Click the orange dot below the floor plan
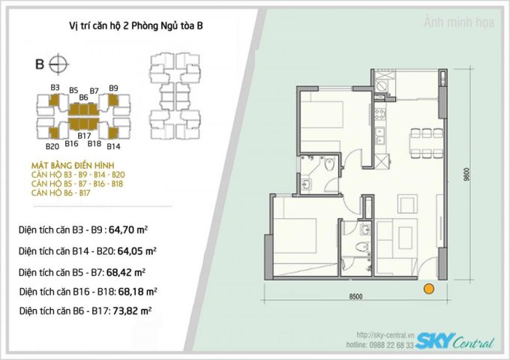pyautogui.click(x=429, y=287)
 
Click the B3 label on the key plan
pyautogui.click(x=55, y=88)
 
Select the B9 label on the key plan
pyautogui.click(x=113, y=88)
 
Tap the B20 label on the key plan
pyautogui.click(x=52, y=146)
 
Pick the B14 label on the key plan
pyautogui.click(x=114, y=146)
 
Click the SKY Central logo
pyautogui.click(x=454, y=341)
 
